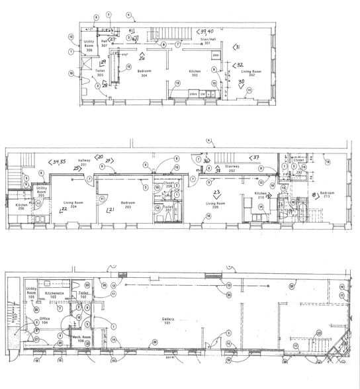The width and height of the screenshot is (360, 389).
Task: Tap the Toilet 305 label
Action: pos(100,73)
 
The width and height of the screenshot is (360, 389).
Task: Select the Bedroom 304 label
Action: pos(145,73)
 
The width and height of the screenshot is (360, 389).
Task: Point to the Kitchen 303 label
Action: pos(195,73)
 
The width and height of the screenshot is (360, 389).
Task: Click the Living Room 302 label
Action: pos(251,73)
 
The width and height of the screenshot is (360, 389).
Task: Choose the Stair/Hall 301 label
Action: pos(209,42)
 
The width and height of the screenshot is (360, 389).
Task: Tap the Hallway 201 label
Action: pos(84,163)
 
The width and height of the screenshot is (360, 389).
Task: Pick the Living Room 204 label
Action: pos(73,204)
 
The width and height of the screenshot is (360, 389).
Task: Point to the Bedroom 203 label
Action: pos(129,204)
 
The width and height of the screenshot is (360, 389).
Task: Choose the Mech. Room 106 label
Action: pos(81,339)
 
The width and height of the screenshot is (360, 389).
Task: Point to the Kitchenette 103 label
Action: pos(54,293)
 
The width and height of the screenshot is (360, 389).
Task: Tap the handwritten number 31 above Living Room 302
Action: pos(237,47)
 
